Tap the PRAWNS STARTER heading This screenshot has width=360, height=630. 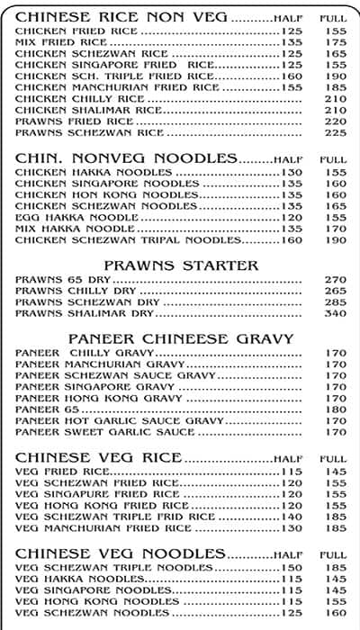coord(181,265)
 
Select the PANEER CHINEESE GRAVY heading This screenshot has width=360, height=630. coord(181,338)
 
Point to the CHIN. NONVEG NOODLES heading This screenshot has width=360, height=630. coord(127,158)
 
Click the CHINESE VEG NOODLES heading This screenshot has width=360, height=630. coord(121,553)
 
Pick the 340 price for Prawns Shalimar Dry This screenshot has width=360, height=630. coord(335,313)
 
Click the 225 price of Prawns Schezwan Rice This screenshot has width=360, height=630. coord(335,132)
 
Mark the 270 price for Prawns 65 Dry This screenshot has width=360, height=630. coord(335,279)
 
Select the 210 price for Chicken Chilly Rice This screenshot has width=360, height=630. coord(335,98)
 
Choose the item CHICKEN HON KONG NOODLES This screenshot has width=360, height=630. coord(94,194)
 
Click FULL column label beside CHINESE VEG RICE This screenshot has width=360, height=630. coord(333,459)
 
